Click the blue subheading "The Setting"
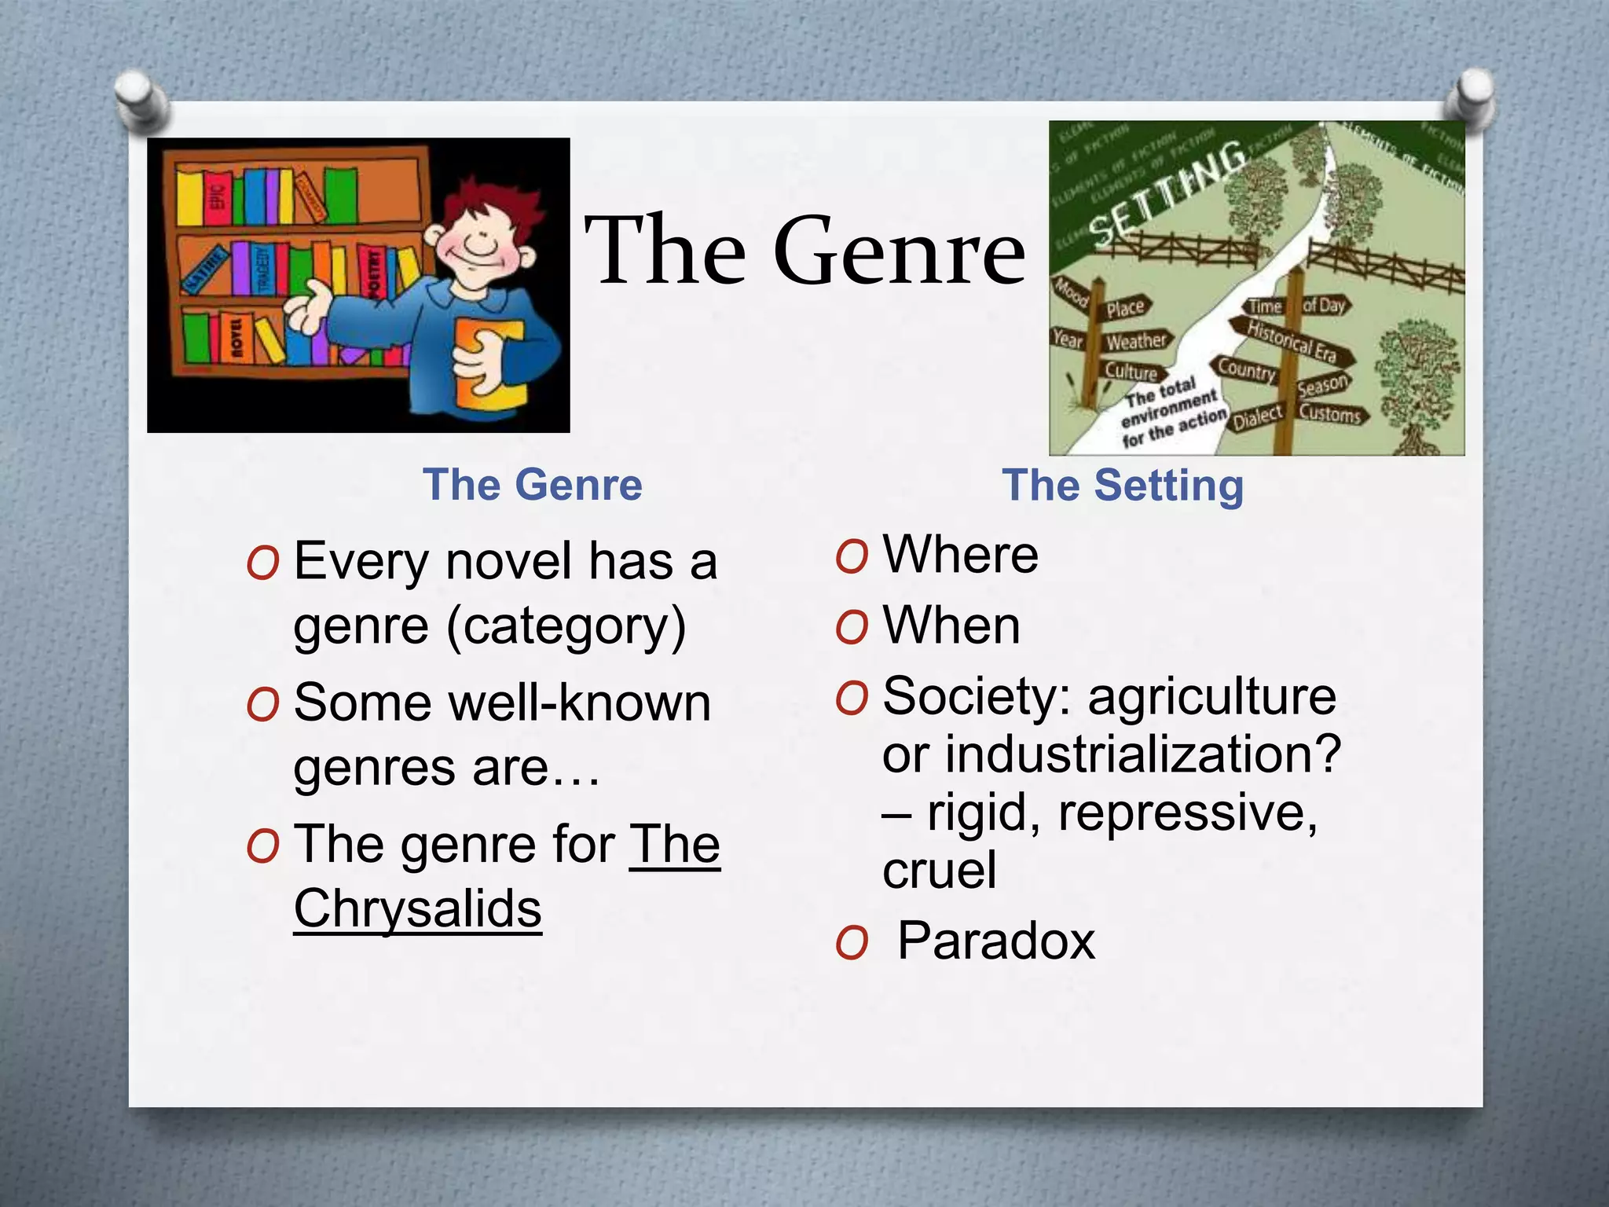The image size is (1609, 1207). coord(1123,486)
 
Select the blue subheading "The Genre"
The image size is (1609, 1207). coord(533,484)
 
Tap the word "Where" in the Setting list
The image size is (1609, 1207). coord(960,555)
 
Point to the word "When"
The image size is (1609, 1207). coord(951,626)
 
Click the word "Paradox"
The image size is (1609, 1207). coord(995,941)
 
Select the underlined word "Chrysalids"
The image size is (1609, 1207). coord(417,909)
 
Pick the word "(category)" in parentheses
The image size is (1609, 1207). coord(566,626)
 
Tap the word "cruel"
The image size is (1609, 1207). coord(940,870)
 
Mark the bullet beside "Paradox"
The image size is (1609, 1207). coord(852,942)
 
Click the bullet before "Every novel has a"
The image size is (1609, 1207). coord(262,563)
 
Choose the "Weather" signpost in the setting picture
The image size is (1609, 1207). coord(1135,341)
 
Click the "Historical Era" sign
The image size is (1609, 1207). coord(1292,343)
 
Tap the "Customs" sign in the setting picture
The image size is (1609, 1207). coord(1329,413)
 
